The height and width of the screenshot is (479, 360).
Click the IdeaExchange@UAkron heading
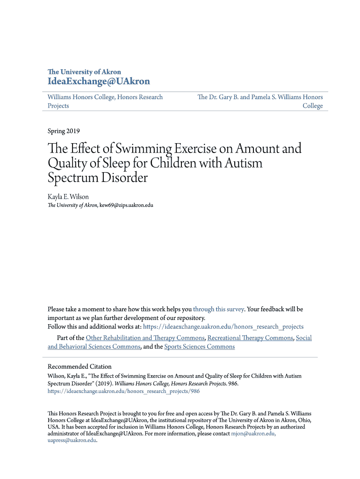click(x=99, y=81)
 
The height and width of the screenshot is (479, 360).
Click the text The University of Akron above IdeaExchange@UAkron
click(x=84, y=72)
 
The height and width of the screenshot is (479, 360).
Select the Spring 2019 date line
click(x=64, y=131)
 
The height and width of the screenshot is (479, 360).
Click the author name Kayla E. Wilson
click(x=68, y=197)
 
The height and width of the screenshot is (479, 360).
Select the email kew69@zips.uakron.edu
click(x=126, y=205)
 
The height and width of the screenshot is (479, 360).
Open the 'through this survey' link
click(x=218, y=309)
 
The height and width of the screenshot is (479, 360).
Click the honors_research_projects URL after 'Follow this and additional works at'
click(x=223, y=327)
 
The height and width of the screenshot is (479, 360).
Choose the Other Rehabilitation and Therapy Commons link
click(x=145, y=338)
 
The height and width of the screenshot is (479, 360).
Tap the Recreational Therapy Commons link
click(x=250, y=338)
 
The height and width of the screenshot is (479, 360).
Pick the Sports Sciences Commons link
click(x=199, y=347)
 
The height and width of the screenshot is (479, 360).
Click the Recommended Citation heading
click(x=79, y=367)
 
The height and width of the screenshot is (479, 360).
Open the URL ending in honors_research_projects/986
click(x=123, y=392)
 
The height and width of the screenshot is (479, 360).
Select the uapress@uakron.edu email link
click(x=72, y=440)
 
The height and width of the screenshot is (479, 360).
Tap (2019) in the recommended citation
click(x=104, y=384)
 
